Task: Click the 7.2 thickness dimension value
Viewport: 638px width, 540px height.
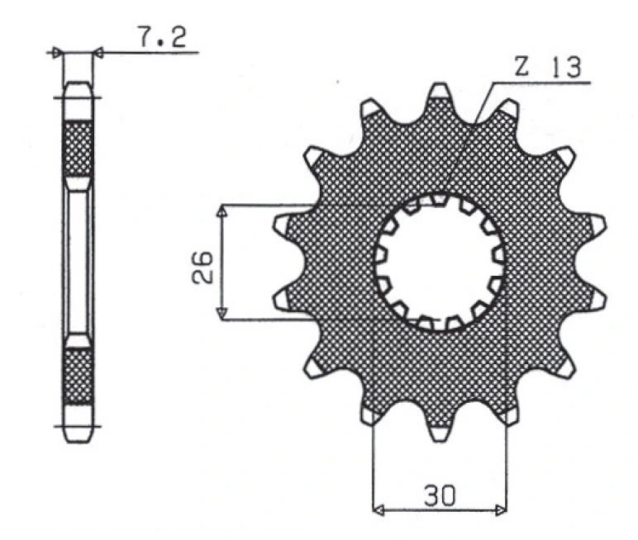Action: click(163, 37)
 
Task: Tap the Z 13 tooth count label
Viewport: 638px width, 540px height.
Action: click(547, 67)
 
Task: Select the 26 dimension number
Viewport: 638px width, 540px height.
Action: click(202, 267)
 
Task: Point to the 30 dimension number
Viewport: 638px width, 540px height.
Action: click(440, 495)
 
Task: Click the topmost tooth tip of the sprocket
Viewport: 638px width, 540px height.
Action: click(440, 84)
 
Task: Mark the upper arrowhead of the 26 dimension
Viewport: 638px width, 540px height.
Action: click(221, 211)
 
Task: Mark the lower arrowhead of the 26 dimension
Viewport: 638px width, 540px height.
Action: click(221, 313)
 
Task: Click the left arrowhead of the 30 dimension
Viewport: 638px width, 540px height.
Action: click(379, 509)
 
